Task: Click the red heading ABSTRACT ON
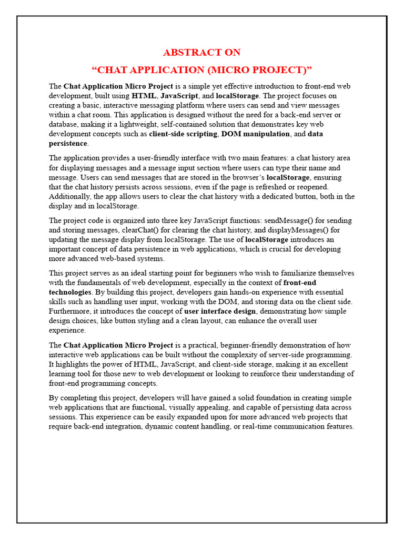point(202,52)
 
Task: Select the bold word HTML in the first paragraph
point(144,96)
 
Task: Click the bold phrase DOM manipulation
point(255,134)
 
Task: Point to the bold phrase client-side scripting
point(183,134)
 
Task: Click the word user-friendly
point(148,158)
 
